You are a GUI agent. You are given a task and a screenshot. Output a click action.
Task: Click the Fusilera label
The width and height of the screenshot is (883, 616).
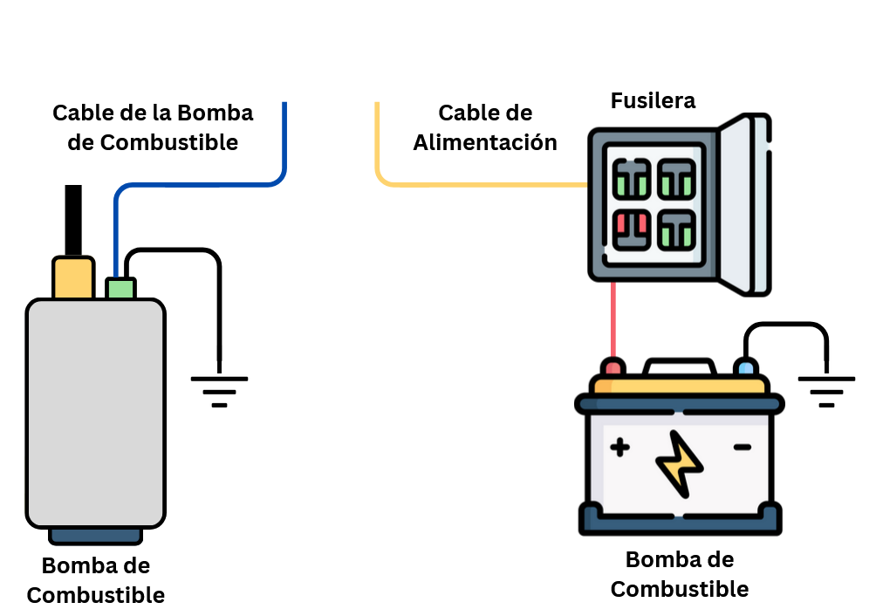tap(653, 100)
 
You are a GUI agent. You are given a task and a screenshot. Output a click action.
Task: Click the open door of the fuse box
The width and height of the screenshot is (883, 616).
tap(747, 205)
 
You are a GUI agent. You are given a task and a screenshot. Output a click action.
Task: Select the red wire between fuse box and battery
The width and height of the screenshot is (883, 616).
tap(613, 318)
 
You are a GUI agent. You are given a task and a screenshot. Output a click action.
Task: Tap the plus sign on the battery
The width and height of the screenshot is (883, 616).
tap(619, 448)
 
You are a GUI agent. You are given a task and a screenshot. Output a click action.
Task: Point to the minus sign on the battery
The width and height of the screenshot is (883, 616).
tap(742, 448)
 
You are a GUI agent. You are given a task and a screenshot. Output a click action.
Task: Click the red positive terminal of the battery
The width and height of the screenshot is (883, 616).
tap(613, 367)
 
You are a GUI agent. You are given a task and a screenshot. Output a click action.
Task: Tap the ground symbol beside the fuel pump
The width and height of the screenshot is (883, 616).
tap(219, 391)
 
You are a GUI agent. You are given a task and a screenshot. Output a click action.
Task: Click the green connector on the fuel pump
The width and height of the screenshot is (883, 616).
tap(120, 288)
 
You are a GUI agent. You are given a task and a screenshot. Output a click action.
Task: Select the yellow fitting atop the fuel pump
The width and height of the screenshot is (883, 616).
tap(73, 277)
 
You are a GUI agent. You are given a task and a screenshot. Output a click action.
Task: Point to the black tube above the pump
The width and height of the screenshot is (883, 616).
tap(73, 218)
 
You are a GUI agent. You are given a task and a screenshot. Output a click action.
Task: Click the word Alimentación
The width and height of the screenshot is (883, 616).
tap(485, 142)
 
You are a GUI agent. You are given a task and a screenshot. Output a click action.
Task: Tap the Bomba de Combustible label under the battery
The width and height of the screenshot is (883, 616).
tap(680, 574)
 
